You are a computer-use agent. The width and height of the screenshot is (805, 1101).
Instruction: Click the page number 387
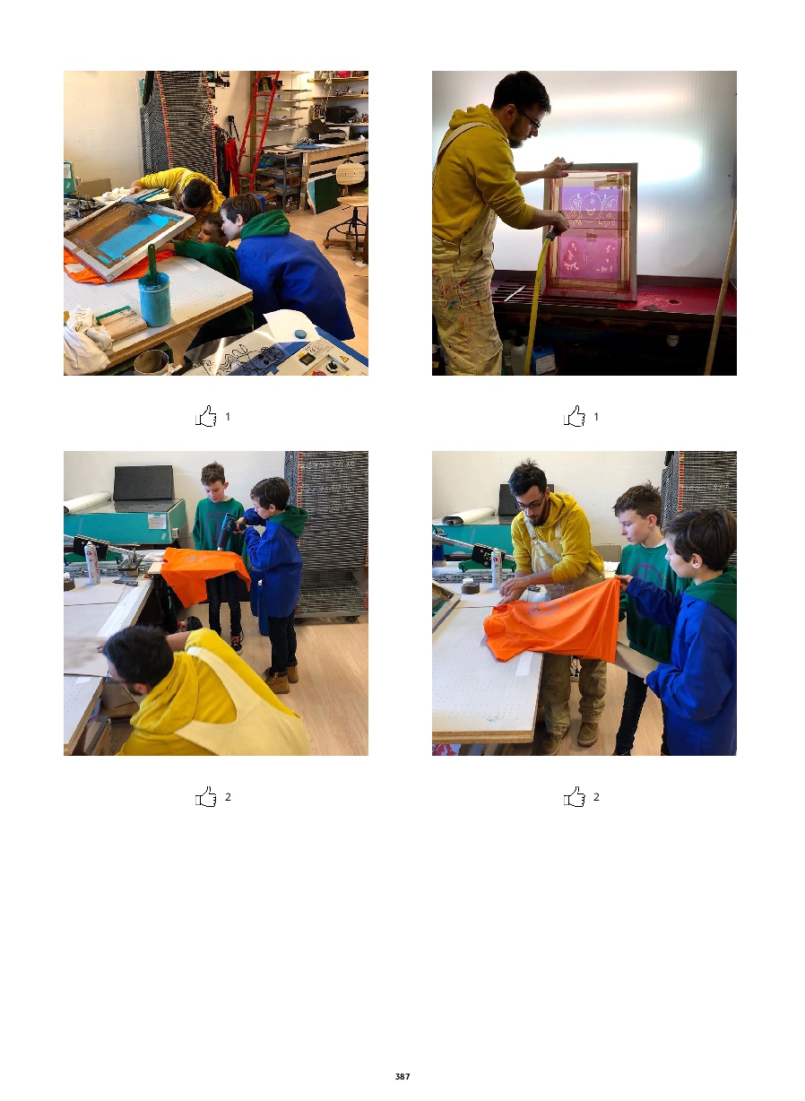pos(402,1076)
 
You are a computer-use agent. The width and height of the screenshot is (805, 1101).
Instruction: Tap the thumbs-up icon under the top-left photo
pos(206,416)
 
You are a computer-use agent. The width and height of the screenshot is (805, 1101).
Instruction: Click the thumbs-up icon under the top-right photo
pos(575,416)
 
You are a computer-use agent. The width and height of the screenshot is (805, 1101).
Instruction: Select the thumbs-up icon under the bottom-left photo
pos(206,796)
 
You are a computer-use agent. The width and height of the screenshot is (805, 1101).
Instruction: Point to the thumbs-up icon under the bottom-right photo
pos(575,796)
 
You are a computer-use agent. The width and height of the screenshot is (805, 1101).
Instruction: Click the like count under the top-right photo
pos(596,417)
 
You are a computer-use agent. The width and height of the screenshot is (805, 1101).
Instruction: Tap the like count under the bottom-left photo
pos(228,797)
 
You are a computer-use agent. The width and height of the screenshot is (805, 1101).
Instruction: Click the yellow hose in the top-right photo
pos(539,299)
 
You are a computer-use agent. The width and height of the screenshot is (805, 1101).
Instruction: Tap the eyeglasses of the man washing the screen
pos(532,119)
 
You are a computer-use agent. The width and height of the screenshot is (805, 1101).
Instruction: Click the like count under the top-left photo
pos(228,417)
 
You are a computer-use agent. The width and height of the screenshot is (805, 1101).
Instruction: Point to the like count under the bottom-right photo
pos(596,797)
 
